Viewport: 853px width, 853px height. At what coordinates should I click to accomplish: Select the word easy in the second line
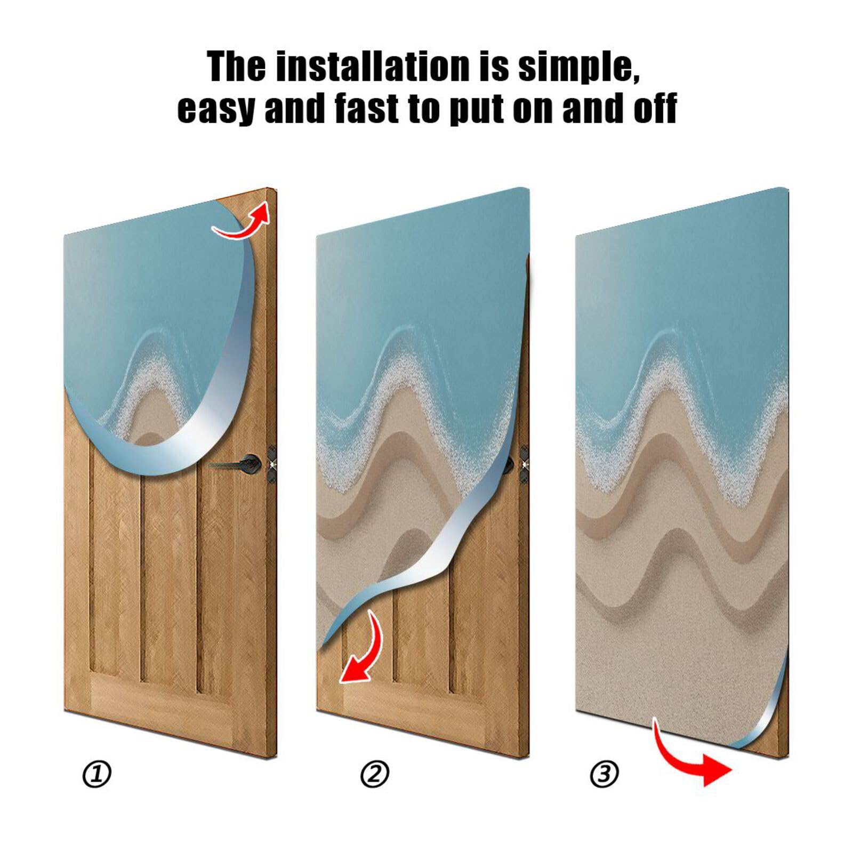pyautogui.click(x=216, y=108)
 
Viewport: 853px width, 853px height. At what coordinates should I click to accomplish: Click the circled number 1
pyautogui.click(x=96, y=775)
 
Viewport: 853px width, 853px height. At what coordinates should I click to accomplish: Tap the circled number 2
pyautogui.click(x=375, y=774)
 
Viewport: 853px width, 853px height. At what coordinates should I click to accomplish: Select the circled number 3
pyautogui.click(x=604, y=774)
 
